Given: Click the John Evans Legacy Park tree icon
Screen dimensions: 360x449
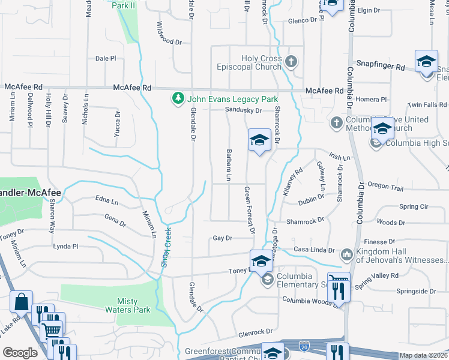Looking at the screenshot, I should [x=177, y=98].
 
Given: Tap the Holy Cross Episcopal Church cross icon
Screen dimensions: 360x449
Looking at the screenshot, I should [x=291, y=61].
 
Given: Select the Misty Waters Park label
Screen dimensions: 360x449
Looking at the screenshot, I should [x=134, y=306].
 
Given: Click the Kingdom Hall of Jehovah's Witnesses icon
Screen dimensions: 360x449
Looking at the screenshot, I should [x=346, y=255].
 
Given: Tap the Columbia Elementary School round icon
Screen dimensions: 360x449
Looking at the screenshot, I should [x=267, y=279].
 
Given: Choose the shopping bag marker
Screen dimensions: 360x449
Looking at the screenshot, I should [x=21, y=301].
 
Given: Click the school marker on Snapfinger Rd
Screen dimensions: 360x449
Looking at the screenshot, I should [x=426, y=62].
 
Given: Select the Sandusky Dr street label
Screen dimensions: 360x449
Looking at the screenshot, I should [x=243, y=110].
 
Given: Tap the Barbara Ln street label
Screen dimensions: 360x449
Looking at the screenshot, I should [x=229, y=164].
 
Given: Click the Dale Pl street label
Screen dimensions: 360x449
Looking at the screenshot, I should [x=106, y=58].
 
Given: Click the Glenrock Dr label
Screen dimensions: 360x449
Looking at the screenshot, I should [x=255, y=331].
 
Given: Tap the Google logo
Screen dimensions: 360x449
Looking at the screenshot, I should [x=20, y=353].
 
